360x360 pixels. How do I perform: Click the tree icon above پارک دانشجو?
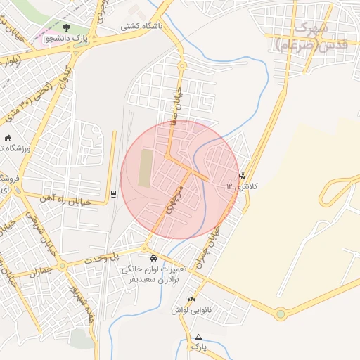[x=66, y=27]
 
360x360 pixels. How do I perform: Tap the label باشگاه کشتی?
[x=140, y=26]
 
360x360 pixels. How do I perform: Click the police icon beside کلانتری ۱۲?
[x=243, y=175]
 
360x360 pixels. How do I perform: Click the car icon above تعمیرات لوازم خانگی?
[x=153, y=258]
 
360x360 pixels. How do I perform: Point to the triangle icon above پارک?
[x=199, y=337]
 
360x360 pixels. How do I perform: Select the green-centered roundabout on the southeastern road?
[x=281, y=314]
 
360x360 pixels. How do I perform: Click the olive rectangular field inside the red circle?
[x=144, y=167]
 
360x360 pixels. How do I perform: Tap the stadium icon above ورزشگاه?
[x=8, y=138]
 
